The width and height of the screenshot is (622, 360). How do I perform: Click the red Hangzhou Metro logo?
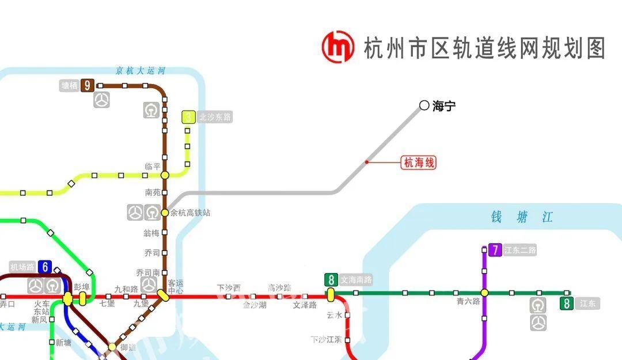click(338, 47)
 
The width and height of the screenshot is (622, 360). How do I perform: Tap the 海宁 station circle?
click(424, 105)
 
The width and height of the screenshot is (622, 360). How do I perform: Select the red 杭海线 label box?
click(419, 163)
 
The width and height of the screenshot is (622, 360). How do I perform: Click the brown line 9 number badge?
click(87, 85)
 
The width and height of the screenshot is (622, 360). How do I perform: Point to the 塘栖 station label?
click(69, 86)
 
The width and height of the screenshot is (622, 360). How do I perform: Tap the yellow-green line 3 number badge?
click(188, 117)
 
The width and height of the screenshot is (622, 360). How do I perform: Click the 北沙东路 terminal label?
click(214, 117)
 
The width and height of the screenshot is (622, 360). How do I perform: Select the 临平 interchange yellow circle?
click(165, 175)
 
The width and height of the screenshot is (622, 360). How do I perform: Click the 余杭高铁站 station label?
click(190, 213)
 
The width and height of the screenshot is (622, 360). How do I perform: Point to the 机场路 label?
click(22, 267)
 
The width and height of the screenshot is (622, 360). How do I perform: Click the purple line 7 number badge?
click(495, 250)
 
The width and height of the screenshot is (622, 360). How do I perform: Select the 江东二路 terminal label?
click(519, 250)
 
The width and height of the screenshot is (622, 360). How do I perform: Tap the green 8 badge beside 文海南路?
click(331, 280)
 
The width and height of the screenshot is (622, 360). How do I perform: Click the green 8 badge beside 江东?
click(567, 304)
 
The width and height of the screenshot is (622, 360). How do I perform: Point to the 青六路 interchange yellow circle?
click(484, 293)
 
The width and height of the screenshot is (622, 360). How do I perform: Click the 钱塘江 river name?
click(522, 217)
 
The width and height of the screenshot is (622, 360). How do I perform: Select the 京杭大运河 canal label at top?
click(140, 71)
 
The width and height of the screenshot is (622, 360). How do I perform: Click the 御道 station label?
click(128, 347)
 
